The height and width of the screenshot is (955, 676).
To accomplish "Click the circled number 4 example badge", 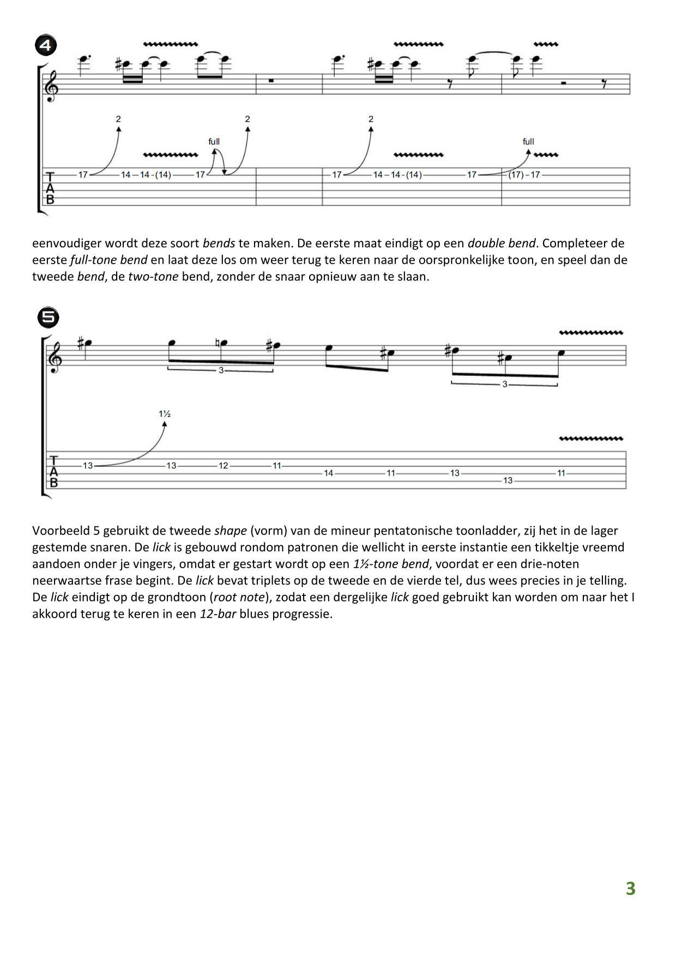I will point(46,45).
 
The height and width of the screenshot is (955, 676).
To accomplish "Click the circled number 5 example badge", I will point(48,317).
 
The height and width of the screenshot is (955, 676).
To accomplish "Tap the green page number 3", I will point(630,889).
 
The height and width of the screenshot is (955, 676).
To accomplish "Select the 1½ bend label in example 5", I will point(165,414).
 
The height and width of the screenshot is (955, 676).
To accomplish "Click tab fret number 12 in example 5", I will point(224,466).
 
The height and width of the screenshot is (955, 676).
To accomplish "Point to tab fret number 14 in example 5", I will point(328,473).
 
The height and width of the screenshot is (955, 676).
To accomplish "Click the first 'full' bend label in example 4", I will point(214,142).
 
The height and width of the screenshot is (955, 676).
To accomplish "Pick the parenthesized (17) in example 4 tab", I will point(516,175).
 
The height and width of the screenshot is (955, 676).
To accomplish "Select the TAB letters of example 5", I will point(53,472).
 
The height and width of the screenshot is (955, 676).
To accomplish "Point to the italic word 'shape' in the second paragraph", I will point(231,531).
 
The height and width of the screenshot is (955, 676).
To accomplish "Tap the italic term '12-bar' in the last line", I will point(218,614).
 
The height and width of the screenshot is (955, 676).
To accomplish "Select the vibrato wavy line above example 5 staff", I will point(591,333).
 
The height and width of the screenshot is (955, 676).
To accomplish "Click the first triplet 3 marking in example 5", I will point(221,370).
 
